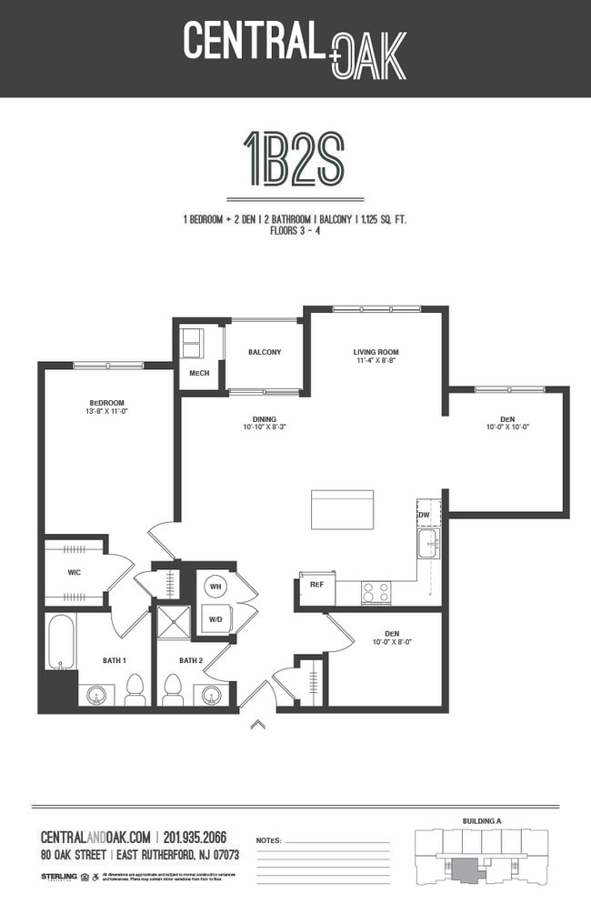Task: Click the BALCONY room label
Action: coord(264,353)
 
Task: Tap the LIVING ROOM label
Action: coord(376,352)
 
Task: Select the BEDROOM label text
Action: coord(106,403)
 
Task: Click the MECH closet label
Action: coord(198,374)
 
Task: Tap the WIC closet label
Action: coord(75,573)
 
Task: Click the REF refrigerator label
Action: coord(316,585)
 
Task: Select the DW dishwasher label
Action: coord(424,516)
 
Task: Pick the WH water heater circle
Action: coord(215,587)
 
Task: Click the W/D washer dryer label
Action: coord(216,620)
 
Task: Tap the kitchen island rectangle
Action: coord(342,509)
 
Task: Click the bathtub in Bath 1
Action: coord(60,642)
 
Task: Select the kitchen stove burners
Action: coord(376,592)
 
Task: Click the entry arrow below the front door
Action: coord(257,725)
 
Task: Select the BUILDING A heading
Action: coord(482,821)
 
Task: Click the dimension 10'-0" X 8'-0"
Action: coord(392,642)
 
